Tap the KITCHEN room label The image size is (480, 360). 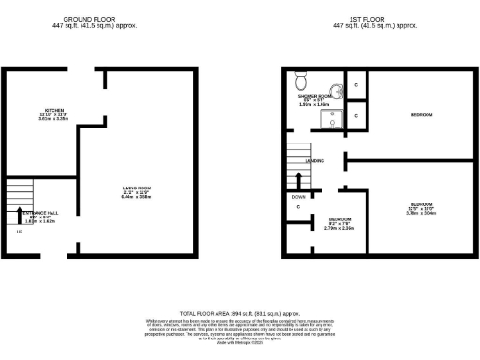(40, 109)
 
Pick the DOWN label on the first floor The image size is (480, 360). (297, 197)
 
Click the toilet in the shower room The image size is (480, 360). (301, 82)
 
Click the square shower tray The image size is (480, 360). (329, 118)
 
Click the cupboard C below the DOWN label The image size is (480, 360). (298, 207)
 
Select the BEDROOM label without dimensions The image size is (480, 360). (421, 115)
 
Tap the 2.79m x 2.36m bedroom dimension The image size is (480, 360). (339, 227)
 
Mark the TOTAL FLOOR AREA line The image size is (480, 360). (240, 314)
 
